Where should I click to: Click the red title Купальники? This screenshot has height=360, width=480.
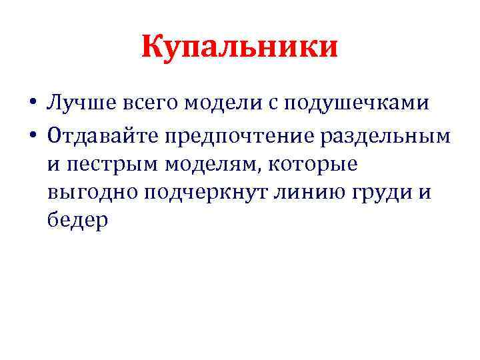click(240, 48)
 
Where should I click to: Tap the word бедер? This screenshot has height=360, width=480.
click(77, 221)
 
